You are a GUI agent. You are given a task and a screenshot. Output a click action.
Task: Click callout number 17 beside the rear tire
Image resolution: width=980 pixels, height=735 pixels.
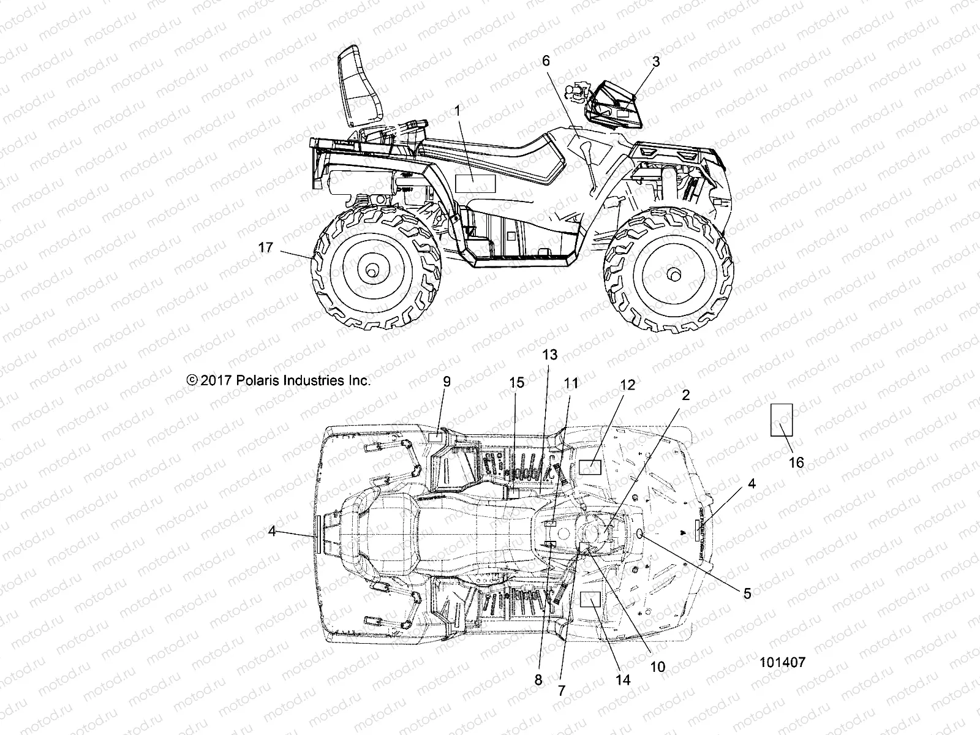coord(265,247)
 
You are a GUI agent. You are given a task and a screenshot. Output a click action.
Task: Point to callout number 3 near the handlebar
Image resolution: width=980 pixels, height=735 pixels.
coord(656,61)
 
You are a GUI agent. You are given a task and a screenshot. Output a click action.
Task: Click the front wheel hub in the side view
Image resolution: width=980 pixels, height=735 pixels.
coord(674,274)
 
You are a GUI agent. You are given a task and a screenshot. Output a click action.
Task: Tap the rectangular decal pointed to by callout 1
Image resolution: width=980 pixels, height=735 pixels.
coord(475,184)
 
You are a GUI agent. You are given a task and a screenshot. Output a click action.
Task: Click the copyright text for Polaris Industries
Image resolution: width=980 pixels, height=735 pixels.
coord(279,380)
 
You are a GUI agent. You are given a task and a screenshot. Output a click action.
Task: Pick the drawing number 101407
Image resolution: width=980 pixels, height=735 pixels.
coord(783,662)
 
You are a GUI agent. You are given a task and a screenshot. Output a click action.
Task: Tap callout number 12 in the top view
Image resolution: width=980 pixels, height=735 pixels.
coord(627,385)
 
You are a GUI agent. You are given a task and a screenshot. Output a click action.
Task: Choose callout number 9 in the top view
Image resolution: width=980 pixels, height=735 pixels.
coord(447,381)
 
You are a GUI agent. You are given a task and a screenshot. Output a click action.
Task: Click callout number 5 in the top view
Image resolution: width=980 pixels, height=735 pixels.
coord(746,593)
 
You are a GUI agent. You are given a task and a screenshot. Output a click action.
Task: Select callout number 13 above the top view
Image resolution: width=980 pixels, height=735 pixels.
coord(550,354)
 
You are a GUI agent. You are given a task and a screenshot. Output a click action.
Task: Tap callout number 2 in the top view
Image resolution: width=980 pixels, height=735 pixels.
coord(685,395)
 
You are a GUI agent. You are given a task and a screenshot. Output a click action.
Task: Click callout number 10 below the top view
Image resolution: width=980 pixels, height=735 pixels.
coord(657,666)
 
